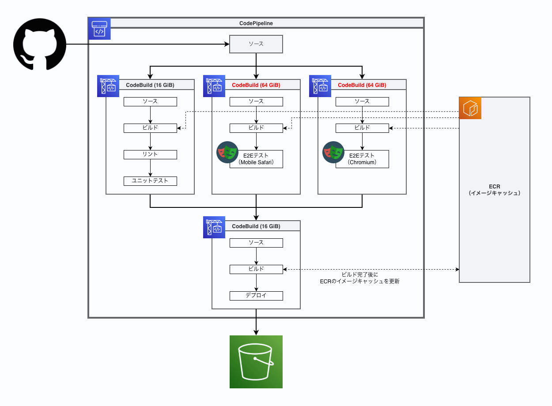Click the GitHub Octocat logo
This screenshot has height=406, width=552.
(40, 44)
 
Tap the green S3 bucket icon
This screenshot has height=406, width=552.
(256, 362)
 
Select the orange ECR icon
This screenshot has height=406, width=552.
(470, 108)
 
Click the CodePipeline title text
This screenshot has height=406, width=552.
(256, 23)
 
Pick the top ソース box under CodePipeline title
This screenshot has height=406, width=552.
(256, 44)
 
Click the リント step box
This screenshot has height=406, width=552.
(150, 154)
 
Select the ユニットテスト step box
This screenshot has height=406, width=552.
(150, 181)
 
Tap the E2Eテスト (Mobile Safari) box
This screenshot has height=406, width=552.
(256, 159)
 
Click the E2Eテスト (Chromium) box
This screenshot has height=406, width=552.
(362, 159)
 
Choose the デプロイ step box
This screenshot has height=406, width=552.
(256, 296)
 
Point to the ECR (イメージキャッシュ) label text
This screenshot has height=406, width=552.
(495, 190)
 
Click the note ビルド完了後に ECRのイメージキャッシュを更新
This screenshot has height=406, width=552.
(359, 278)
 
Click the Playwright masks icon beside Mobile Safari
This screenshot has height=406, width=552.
(227, 152)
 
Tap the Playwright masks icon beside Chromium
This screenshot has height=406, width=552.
(333, 152)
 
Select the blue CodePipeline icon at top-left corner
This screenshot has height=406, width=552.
(99, 29)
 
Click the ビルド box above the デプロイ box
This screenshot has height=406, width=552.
(256, 269)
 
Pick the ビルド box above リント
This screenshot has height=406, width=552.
(150, 128)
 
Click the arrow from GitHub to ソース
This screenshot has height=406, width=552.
(146, 44)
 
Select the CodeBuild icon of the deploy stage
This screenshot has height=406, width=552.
(214, 227)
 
